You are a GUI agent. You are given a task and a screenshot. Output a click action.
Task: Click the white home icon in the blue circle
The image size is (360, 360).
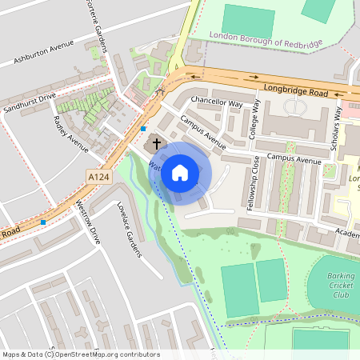pos(180,171)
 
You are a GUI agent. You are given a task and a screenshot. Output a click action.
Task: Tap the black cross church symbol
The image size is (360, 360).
pos(156,143)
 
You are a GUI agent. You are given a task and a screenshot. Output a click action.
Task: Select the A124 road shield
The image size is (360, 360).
pos(98,177)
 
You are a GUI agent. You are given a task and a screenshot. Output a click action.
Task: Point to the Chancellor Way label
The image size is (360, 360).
pos(215,103)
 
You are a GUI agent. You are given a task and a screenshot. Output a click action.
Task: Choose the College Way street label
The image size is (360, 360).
pos(255,120)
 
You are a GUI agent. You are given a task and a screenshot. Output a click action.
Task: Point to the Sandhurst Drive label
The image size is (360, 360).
pos(29,102)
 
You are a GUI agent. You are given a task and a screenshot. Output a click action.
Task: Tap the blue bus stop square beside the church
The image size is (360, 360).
pos(143,129)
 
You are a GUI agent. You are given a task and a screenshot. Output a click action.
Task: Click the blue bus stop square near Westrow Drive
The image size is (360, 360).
pos(43,222)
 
